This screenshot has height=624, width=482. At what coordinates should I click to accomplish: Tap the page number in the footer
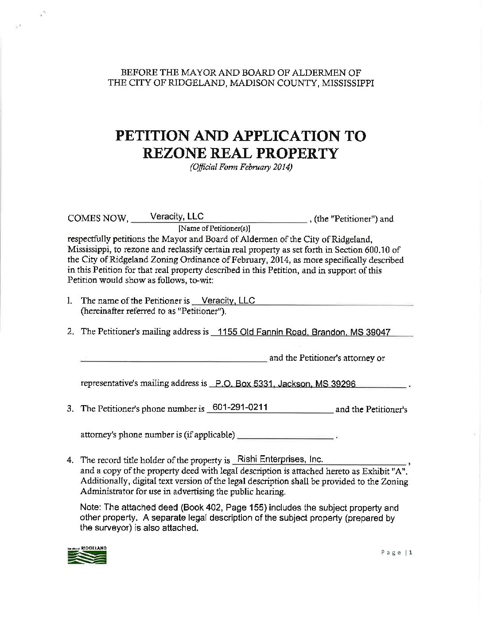[397, 552]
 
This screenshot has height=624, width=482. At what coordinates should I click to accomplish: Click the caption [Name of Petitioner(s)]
[214, 229]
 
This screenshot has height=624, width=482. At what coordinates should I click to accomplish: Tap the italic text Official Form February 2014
[241, 167]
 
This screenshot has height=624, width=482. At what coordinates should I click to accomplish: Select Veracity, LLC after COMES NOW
[177, 216]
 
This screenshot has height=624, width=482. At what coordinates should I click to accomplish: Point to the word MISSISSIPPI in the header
[348, 83]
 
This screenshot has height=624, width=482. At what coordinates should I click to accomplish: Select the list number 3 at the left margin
[70, 409]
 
